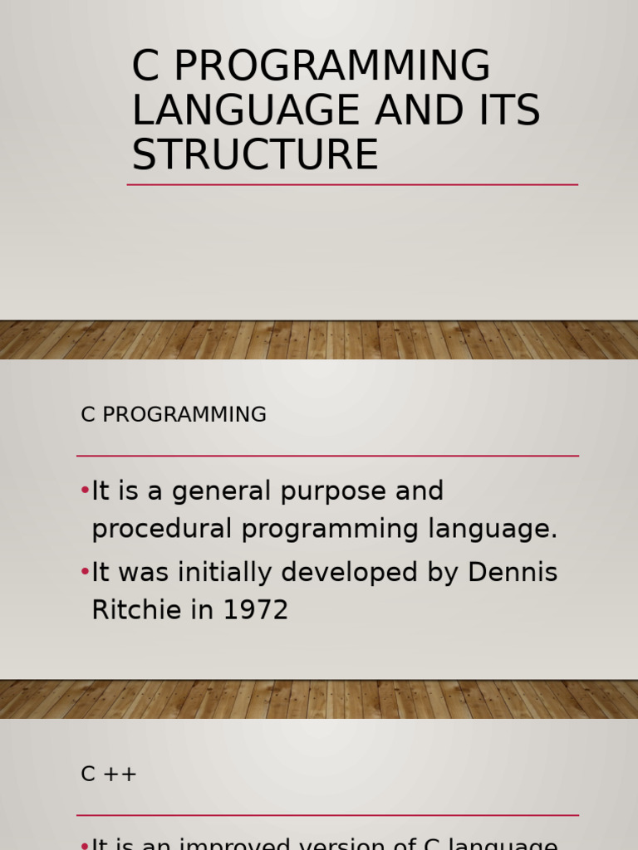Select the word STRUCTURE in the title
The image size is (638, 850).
click(x=255, y=155)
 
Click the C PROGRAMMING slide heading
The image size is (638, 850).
click(x=174, y=414)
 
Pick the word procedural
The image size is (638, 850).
click(x=163, y=530)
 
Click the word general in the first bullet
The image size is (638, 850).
click(x=221, y=491)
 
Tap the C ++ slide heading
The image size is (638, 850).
click(x=109, y=774)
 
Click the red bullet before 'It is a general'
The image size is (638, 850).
click(x=85, y=491)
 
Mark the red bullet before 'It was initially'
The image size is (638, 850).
click(x=85, y=571)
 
